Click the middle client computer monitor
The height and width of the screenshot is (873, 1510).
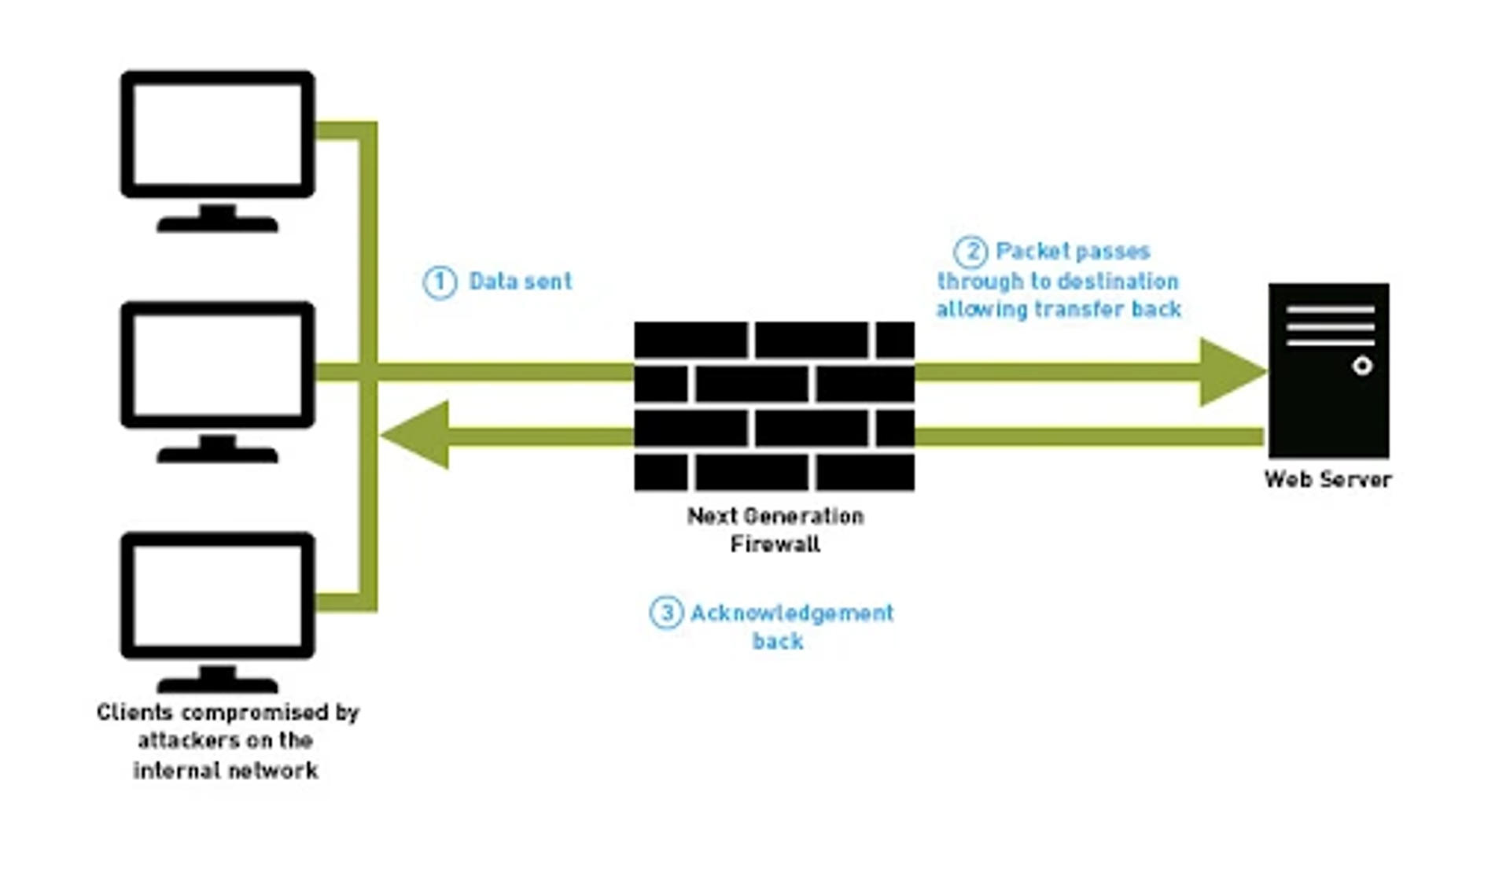point(218,365)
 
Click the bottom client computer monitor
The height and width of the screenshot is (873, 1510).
point(218,595)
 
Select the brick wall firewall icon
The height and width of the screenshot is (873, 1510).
point(774,406)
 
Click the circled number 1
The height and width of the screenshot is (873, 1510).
point(440,282)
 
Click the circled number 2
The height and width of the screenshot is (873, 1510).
point(970,252)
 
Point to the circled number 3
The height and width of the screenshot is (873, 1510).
point(666,613)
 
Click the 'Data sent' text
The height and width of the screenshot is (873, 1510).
point(520,282)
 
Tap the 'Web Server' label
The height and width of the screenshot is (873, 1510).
point(1328,479)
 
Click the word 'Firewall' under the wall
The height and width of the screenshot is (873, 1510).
point(775,544)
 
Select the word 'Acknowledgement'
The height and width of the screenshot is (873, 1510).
point(792,613)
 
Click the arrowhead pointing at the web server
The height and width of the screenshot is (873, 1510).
point(1231,372)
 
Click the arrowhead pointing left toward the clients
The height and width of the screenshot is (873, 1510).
point(417,435)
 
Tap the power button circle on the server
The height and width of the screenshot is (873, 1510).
point(1362,366)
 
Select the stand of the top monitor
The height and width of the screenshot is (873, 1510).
point(218,219)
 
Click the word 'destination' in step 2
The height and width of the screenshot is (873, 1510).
point(1118,282)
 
